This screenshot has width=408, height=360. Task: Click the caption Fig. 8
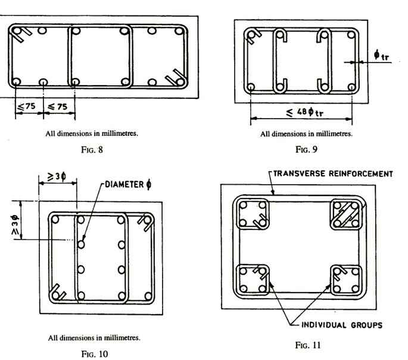pos(92,150)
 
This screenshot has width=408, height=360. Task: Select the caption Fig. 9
pos(306,150)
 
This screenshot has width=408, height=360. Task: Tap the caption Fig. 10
pos(95,354)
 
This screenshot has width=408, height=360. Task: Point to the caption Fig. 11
pos(308,345)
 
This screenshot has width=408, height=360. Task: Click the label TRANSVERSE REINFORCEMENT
pos(333,173)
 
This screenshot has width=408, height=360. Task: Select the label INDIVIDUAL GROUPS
pos(342,325)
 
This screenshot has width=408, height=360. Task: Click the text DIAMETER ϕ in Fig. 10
pos(128,185)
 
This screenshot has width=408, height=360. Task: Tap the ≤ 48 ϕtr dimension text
pos(304,112)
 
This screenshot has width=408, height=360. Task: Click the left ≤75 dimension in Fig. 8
pos(26,107)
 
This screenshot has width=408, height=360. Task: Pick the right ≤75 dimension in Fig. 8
pos(58,107)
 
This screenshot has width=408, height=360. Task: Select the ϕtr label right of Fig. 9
pos(381,55)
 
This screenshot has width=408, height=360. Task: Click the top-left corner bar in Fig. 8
pos(17,31)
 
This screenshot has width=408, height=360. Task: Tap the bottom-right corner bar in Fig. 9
pos(351,86)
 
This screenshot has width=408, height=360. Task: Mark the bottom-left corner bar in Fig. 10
pos(55,296)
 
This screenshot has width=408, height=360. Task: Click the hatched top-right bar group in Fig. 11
pos(346,215)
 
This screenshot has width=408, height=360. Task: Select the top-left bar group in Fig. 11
pos(253,214)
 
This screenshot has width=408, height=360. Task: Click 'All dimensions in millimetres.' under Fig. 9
pos(306,134)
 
